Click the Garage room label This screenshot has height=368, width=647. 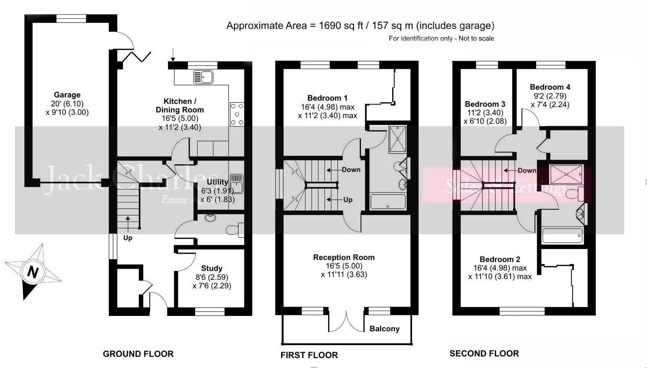click(x=67, y=95)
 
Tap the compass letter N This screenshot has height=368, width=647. click(x=33, y=272)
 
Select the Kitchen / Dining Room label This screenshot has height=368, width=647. click(x=180, y=106)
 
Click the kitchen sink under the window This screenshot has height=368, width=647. click(x=203, y=77)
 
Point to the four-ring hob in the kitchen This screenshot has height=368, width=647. click(x=237, y=114)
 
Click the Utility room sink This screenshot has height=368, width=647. click(x=236, y=183)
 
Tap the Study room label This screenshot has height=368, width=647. click(x=212, y=268)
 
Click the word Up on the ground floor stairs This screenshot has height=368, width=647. click(x=128, y=238)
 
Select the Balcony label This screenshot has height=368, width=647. click(x=384, y=329)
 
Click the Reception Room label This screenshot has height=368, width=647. click(x=344, y=257)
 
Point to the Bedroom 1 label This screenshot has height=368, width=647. click(x=327, y=98)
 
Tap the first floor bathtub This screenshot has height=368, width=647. click(x=388, y=202)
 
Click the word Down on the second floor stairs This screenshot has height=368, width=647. click(x=527, y=171)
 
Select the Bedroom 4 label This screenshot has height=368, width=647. click(x=550, y=87)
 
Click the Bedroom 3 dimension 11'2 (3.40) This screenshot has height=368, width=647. click(x=485, y=113)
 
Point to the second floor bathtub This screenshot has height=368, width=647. click(x=562, y=236)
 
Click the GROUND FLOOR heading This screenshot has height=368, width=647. click(x=138, y=354)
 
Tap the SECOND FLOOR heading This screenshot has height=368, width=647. click(x=484, y=354)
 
